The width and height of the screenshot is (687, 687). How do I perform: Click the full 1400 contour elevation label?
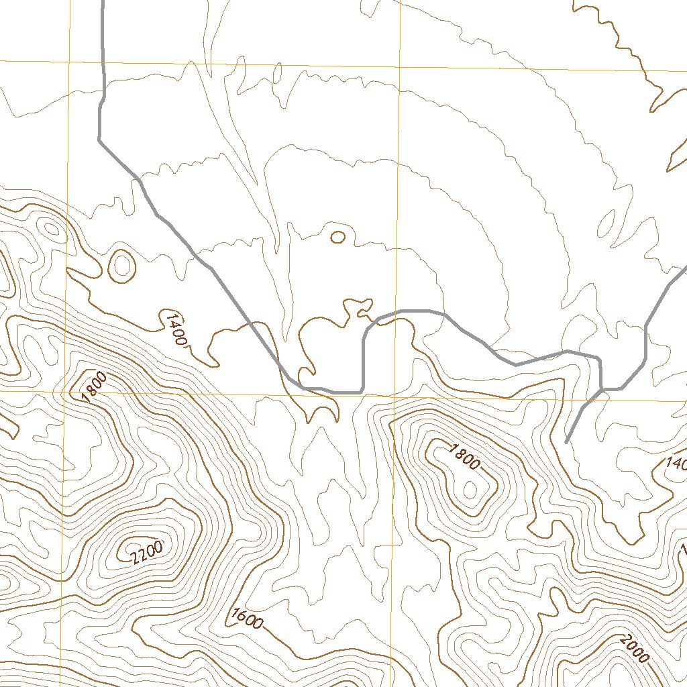coord(174,327)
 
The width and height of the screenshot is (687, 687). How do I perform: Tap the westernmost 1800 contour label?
coord(94,387)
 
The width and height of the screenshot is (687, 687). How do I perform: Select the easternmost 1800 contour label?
coord(463,457)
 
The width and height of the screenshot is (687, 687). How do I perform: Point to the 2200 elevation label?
coord(146,552)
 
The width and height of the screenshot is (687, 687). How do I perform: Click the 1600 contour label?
coord(246,618)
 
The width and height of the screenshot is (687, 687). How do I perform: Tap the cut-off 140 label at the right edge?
coord(675,463)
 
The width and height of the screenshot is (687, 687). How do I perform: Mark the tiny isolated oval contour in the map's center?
coord(338,236)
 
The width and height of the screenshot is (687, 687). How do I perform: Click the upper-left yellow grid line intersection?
coord(69,62)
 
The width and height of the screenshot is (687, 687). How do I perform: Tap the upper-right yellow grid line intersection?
coord(399,68)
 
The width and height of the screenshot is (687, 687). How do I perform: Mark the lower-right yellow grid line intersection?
coord(395,396)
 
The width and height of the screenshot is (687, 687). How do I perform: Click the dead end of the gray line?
coord(567,443)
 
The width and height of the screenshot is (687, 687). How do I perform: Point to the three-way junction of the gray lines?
coord(602,388)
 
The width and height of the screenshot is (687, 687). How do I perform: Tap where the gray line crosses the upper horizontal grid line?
coord(103,63)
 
